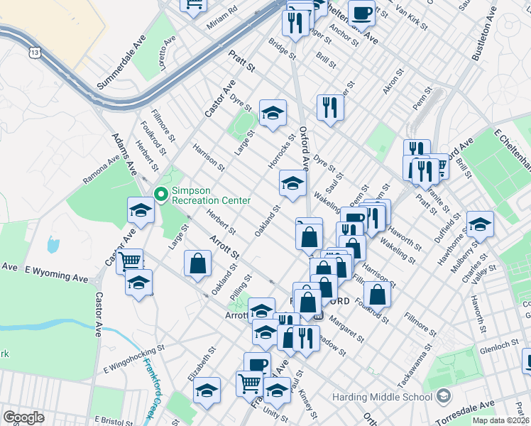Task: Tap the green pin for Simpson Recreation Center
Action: click(x=160, y=194)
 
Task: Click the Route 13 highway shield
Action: click(x=35, y=53)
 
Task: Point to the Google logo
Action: click(x=23, y=417)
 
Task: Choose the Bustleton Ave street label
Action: click(x=481, y=34)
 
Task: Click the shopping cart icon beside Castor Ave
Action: click(x=129, y=261)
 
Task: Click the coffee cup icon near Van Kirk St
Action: click(x=362, y=11)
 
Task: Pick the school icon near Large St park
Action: click(x=272, y=112)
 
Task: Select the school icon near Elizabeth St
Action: click(x=207, y=391)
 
